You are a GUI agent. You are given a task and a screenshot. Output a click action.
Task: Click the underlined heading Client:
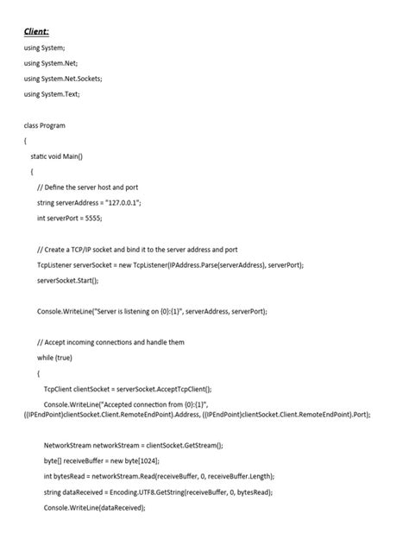tap(36, 31)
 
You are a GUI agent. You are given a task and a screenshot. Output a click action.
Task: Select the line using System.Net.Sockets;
tap(63, 78)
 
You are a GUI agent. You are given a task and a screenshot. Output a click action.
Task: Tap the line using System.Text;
tap(52, 93)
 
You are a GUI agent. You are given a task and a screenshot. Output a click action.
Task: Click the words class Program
tap(45, 124)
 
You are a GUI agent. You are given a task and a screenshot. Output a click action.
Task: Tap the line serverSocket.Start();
tap(68, 280)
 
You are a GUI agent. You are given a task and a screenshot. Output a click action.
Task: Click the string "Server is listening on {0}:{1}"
tap(135, 311)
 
